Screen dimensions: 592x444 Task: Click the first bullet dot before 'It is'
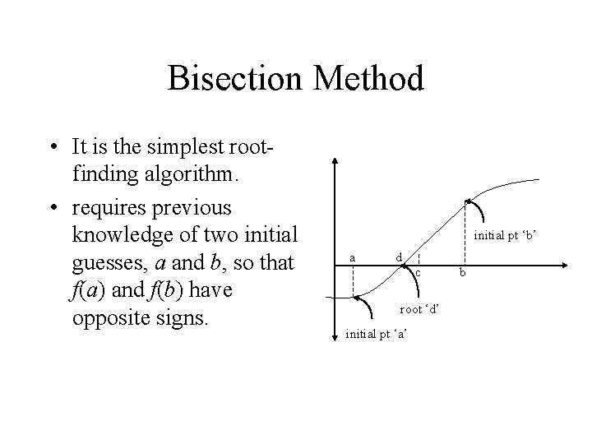pyautogui.click(x=51, y=149)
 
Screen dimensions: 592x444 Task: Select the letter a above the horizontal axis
pyautogui.click(x=353, y=257)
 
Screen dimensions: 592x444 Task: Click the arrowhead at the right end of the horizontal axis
pyautogui.click(x=566, y=265)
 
